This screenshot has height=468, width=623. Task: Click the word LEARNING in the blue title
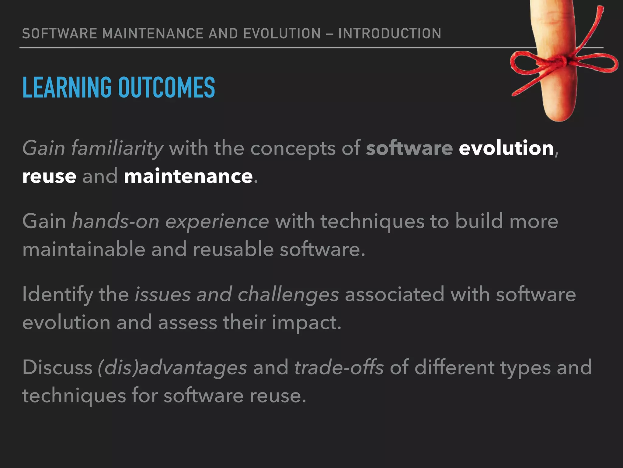click(67, 87)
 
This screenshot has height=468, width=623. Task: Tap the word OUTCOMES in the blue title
click(166, 87)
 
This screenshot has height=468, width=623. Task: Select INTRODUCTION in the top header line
click(389, 34)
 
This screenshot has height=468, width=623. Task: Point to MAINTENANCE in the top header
click(153, 34)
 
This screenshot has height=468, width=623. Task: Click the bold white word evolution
click(506, 148)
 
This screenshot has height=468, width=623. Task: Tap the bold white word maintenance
click(188, 176)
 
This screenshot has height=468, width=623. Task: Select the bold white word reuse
click(49, 177)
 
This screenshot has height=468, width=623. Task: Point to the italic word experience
click(217, 222)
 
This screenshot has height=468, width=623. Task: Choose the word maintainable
click(84, 249)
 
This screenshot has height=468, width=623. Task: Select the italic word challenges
click(288, 295)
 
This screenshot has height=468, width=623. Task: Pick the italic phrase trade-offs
click(339, 367)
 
